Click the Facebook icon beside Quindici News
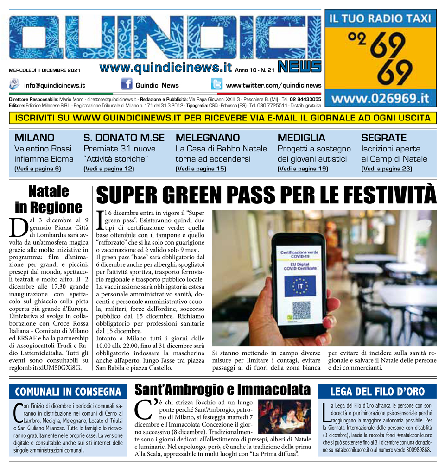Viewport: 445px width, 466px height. tap(127, 85)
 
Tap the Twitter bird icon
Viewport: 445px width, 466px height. tap(216, 85)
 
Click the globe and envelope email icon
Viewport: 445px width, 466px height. tap(15, 85)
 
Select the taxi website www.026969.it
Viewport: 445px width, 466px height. tap(380, 99)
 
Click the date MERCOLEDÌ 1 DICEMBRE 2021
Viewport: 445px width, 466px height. tap(44, 70)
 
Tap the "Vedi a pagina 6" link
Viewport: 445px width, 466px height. tap(38, 169)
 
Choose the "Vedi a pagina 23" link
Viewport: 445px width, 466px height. tap(387, 169)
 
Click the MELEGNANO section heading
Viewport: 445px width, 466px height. tap(208, 138)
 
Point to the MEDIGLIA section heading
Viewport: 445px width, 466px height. tap(301, 138)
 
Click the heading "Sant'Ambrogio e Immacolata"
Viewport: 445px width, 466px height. tap(222, 389)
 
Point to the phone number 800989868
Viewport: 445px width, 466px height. tap(413, 450)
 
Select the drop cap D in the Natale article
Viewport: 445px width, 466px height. tap(18, 227)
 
